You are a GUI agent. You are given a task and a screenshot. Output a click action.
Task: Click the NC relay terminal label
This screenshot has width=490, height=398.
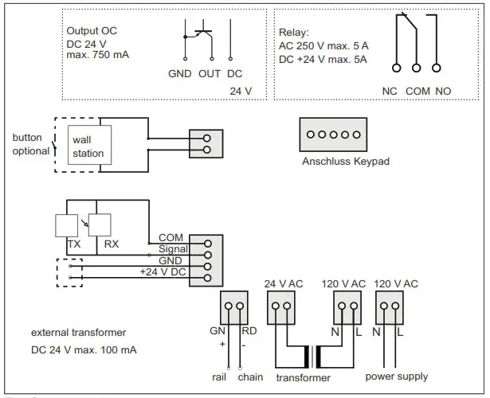(390, 92)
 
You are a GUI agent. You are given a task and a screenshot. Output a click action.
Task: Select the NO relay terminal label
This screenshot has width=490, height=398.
(443, 92)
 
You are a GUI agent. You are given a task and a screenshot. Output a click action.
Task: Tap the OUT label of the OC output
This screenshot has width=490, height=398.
(210, 73)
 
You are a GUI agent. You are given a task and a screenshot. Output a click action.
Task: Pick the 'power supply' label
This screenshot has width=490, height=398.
(396, 377)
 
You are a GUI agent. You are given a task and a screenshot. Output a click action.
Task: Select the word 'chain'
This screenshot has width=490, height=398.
(251, 377)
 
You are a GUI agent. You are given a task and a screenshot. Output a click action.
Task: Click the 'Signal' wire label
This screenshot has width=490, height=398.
(172, 249)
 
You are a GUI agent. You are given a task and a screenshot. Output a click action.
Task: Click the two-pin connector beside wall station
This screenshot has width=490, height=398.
(206, 142)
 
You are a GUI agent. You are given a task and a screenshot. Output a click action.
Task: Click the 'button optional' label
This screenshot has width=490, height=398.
(30, 143)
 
